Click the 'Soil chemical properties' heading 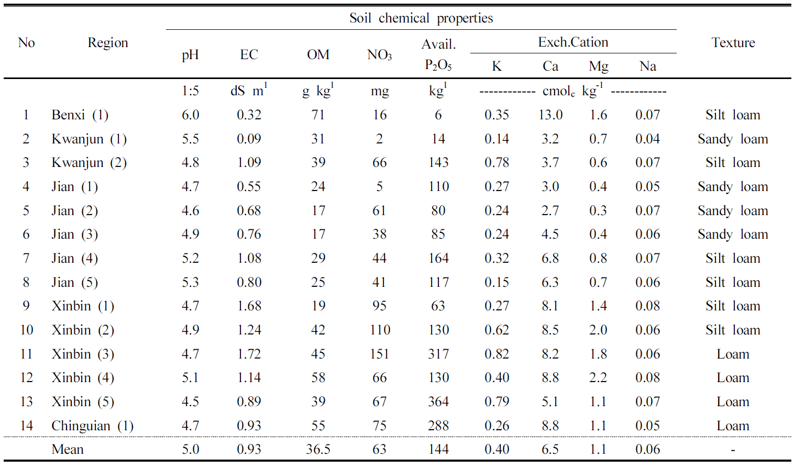[x=421, y=18]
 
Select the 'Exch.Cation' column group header [x=573, y=42]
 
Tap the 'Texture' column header [x=733, y=43]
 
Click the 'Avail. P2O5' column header [x=438, y=54]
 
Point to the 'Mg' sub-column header [x=598, y=66]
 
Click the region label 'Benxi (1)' [x=80, y=115]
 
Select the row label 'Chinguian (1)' [x=92, y=426]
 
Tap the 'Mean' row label [x=68, y=450]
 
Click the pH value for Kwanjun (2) [x=190, y=163]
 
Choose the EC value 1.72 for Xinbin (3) [x=249, y=354]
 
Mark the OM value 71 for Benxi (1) [x=318, y=115]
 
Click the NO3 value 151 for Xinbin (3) [x=379, y=354]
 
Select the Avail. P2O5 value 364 [x=438, y=402]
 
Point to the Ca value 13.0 [x=550, y=115]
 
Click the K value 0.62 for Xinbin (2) [x=496, y=330]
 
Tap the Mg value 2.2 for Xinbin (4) [x=598, y=378]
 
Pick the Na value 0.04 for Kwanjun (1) [x=647, y=139]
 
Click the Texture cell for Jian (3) [x=733, y=234]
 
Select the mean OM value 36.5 [x=318, y=450]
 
